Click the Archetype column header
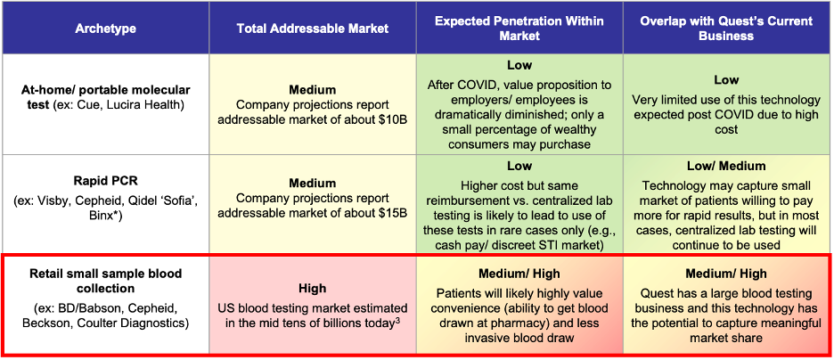[105, 29]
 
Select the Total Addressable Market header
[312, 29]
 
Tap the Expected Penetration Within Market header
[519, 29]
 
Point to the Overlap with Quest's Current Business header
[727, 29]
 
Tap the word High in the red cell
[312, 289]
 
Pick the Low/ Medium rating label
[727, 166]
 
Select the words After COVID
[461, 84]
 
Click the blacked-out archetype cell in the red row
[105, 305]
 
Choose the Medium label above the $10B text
[312, 90]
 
